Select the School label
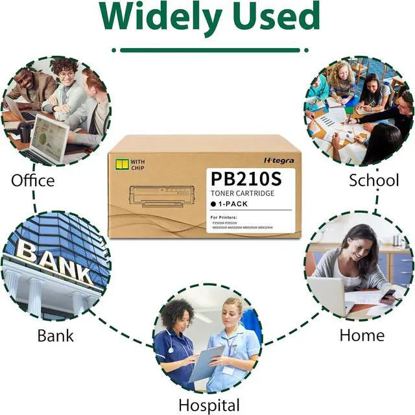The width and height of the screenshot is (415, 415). tap(374, 180)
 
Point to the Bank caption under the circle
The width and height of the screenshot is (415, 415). tap(55, 335)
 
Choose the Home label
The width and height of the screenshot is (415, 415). tap(362, 335)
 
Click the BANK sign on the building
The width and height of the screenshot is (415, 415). tap(54, 263)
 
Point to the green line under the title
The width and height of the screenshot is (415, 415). tap(207, 50)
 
